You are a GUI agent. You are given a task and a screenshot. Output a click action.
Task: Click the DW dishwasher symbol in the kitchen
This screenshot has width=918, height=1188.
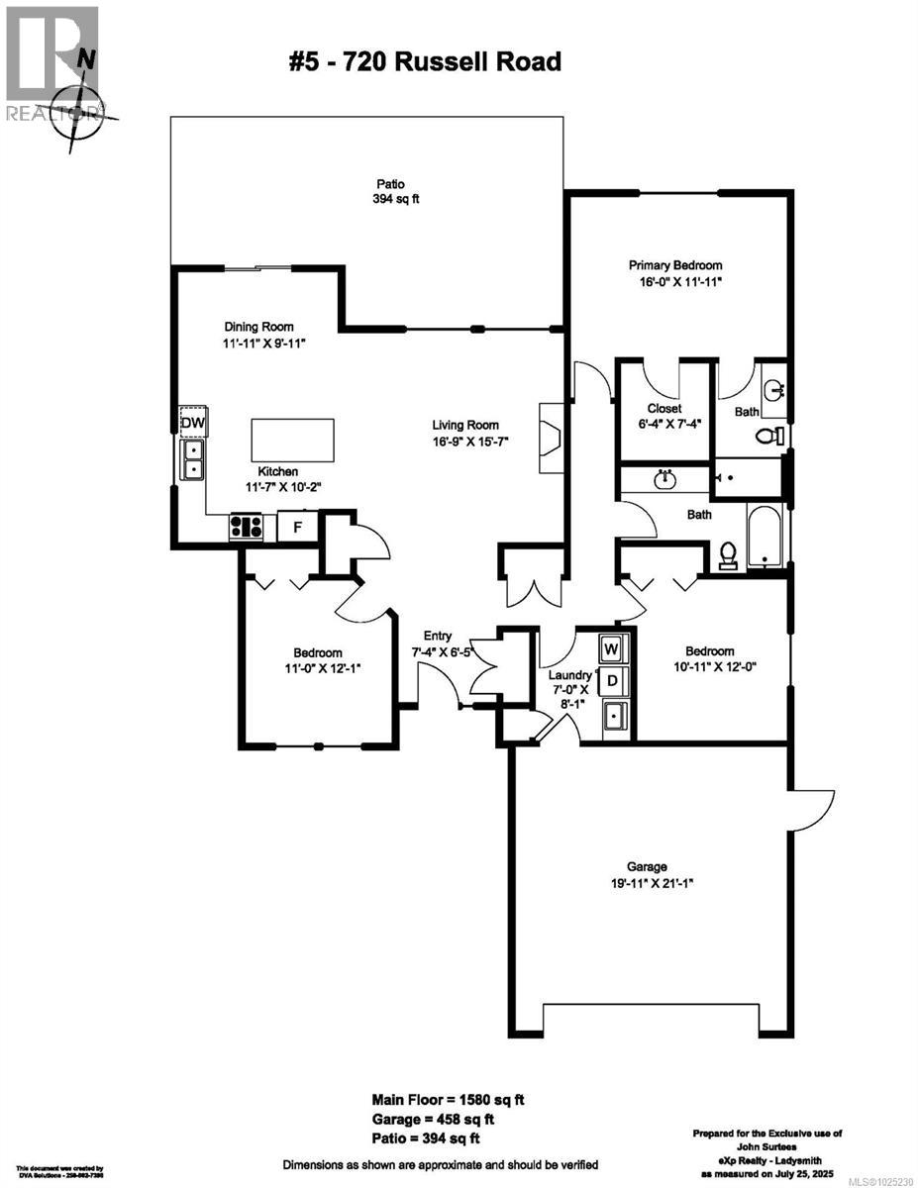point(193,424)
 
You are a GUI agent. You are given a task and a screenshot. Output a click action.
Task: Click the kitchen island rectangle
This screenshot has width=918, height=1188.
point(292,436)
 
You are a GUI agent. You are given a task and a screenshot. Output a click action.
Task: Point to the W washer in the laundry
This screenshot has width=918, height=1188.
point(612,648)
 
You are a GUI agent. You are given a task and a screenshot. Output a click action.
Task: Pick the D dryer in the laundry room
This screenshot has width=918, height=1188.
point(612,681)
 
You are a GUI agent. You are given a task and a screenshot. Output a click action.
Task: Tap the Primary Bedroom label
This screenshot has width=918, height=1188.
point(675,273)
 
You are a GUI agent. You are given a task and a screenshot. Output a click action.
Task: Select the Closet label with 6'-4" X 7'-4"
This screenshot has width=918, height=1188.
point(664,417)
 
